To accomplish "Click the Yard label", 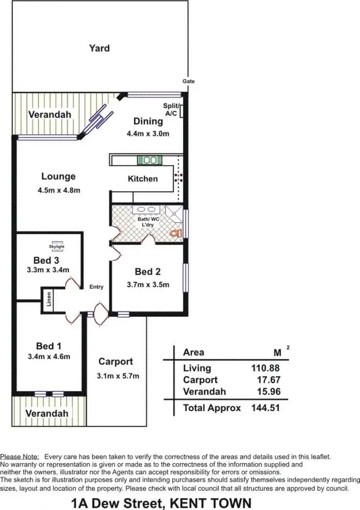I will click(99, 48).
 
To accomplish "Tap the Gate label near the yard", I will click(188, 81).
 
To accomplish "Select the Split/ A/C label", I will click(171, 109).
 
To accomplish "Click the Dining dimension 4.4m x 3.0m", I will click(148, 134).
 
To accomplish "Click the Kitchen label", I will click(143, 179).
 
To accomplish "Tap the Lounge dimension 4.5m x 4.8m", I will click(59, 190).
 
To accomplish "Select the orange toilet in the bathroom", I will click(176, 233).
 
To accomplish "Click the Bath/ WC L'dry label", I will click(148, 222).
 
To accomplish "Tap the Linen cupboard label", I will click(49, 300).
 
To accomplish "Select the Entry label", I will click(96, 287).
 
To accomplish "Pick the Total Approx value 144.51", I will click(265, 408).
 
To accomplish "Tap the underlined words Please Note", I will click(20, 457).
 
